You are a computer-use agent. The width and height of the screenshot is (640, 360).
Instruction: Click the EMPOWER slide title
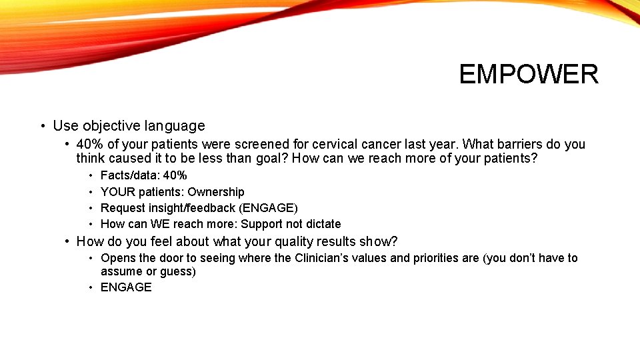pos(528,74)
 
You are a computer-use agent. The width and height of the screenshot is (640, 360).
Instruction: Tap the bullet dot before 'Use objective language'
pos(42,126)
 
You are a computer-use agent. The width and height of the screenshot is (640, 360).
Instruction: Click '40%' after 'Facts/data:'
pos(175,175)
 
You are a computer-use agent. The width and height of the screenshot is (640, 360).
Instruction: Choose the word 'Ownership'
pos(215,192)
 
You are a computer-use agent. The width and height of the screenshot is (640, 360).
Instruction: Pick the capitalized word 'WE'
pos(160,224)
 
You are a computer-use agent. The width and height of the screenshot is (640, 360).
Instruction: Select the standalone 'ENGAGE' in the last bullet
pos(126,287)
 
